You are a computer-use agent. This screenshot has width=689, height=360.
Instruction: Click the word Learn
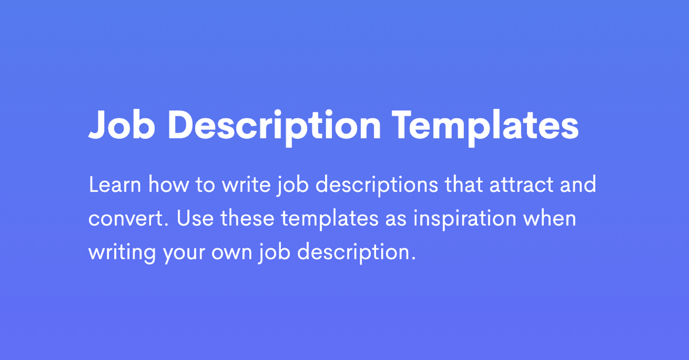[x=115, y=185]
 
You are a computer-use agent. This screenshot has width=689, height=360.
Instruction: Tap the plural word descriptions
[x=377, y=185]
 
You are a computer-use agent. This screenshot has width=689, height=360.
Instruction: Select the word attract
[x=521, y=185]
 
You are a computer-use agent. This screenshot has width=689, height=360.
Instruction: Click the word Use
[x=195, y=218]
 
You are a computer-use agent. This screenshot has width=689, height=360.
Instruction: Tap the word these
[x=247, y=218]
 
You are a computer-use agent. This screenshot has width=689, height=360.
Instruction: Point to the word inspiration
[x=465, y=219]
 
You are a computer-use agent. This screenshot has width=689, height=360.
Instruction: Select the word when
[x=549, y=218]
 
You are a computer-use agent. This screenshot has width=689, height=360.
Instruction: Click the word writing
[x=122, y=253]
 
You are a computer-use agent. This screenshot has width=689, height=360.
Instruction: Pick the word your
[x=184, y=255]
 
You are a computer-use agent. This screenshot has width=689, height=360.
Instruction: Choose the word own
[x=232, y=253]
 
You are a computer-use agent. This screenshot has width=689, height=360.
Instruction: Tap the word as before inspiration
[x=396, y=219]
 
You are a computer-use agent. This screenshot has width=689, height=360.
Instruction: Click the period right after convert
[x=167, y=225]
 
